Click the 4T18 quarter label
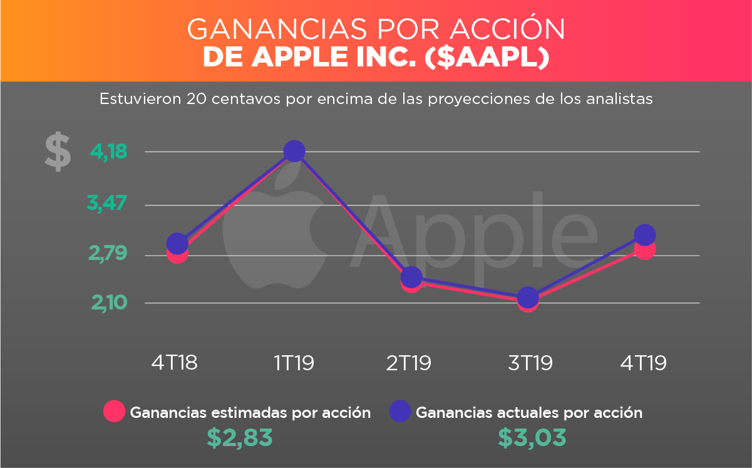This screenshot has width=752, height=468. tap(175, 363)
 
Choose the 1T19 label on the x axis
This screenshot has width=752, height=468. tap(294, 363)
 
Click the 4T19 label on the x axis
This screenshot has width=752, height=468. tap(644, 363)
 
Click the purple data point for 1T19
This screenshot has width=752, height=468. tap(294, 151)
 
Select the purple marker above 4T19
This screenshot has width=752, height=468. tap(644, 235)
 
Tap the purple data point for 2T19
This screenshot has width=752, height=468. tap(411, 277)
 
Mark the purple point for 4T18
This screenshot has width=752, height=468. tap(177, 243)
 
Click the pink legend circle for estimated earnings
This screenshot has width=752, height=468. tap(115, 412)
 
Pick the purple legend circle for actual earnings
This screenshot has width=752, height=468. tap(400, 412)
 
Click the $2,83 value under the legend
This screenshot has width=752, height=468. tap(240, 438)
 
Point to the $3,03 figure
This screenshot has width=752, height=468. tap(532, 438)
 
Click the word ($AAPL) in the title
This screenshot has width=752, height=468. tap(487, 58)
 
